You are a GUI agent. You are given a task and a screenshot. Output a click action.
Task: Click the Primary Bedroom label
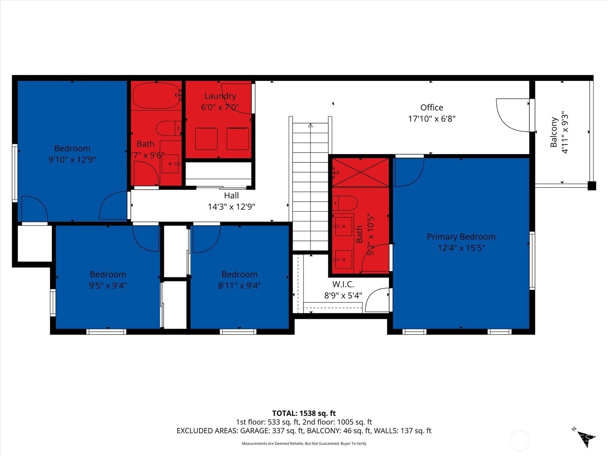point(461,237)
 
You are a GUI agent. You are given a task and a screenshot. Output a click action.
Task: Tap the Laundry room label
point(220,96)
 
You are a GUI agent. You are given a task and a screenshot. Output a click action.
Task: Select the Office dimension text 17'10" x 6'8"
point(432,119)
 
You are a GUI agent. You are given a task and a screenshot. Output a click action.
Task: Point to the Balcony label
point(554,132)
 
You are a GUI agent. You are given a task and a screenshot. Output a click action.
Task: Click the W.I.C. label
point(343,284)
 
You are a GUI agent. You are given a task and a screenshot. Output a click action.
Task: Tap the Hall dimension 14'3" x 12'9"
point(231,207)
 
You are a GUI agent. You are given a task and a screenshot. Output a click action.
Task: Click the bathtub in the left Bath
point(156,95)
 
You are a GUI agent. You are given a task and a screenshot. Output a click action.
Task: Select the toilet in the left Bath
point(167,128)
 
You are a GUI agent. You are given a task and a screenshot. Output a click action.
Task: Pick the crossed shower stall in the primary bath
point(360,172)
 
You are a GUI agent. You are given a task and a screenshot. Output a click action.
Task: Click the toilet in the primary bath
point(345,203)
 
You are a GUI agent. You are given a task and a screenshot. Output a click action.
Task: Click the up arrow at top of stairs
point(310,125)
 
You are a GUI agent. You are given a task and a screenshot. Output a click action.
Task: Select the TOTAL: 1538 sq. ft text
point(304,413)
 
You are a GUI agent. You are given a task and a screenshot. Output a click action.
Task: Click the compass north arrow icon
point(585,438)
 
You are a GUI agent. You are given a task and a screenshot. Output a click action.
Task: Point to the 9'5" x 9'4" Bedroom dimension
point(108,285)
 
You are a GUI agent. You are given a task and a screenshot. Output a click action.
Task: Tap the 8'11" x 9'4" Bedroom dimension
point(239,285)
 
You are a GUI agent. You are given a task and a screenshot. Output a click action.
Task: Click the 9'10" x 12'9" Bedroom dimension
point(72,160)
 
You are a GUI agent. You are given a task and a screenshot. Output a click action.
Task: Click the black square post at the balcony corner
point(592,186)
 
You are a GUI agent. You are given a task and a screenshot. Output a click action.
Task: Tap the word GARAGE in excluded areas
point(254,431)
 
